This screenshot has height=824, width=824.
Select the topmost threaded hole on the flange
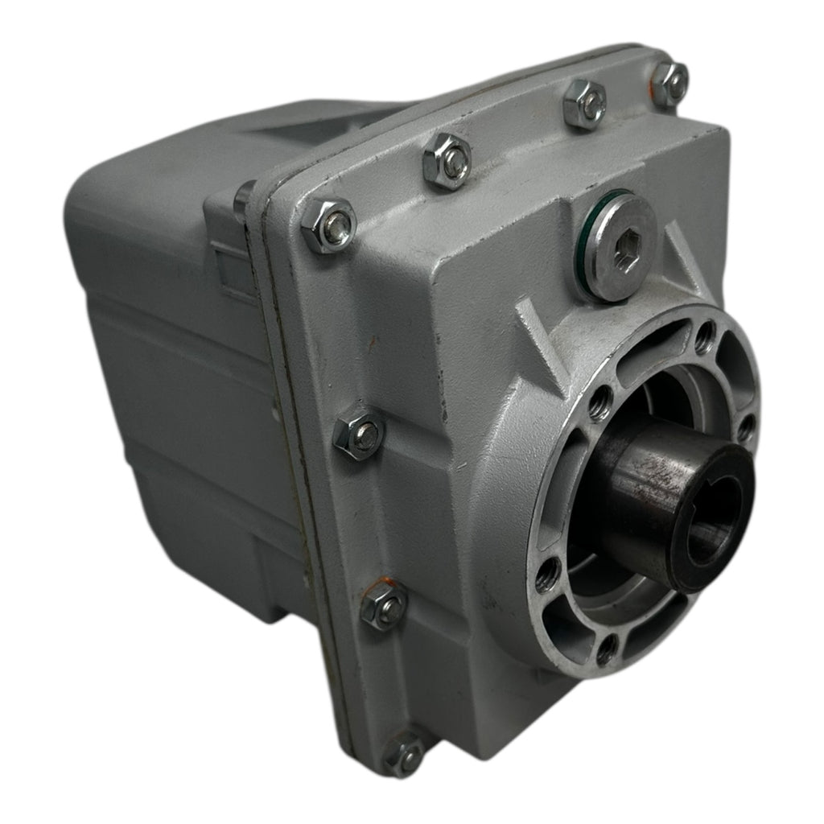704,336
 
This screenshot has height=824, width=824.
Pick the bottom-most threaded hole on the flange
607,648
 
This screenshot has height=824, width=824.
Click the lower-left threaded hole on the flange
547,573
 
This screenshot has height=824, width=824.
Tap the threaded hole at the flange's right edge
746,427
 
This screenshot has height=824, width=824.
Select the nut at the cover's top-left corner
328,225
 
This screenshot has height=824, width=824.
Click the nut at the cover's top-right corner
669,84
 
